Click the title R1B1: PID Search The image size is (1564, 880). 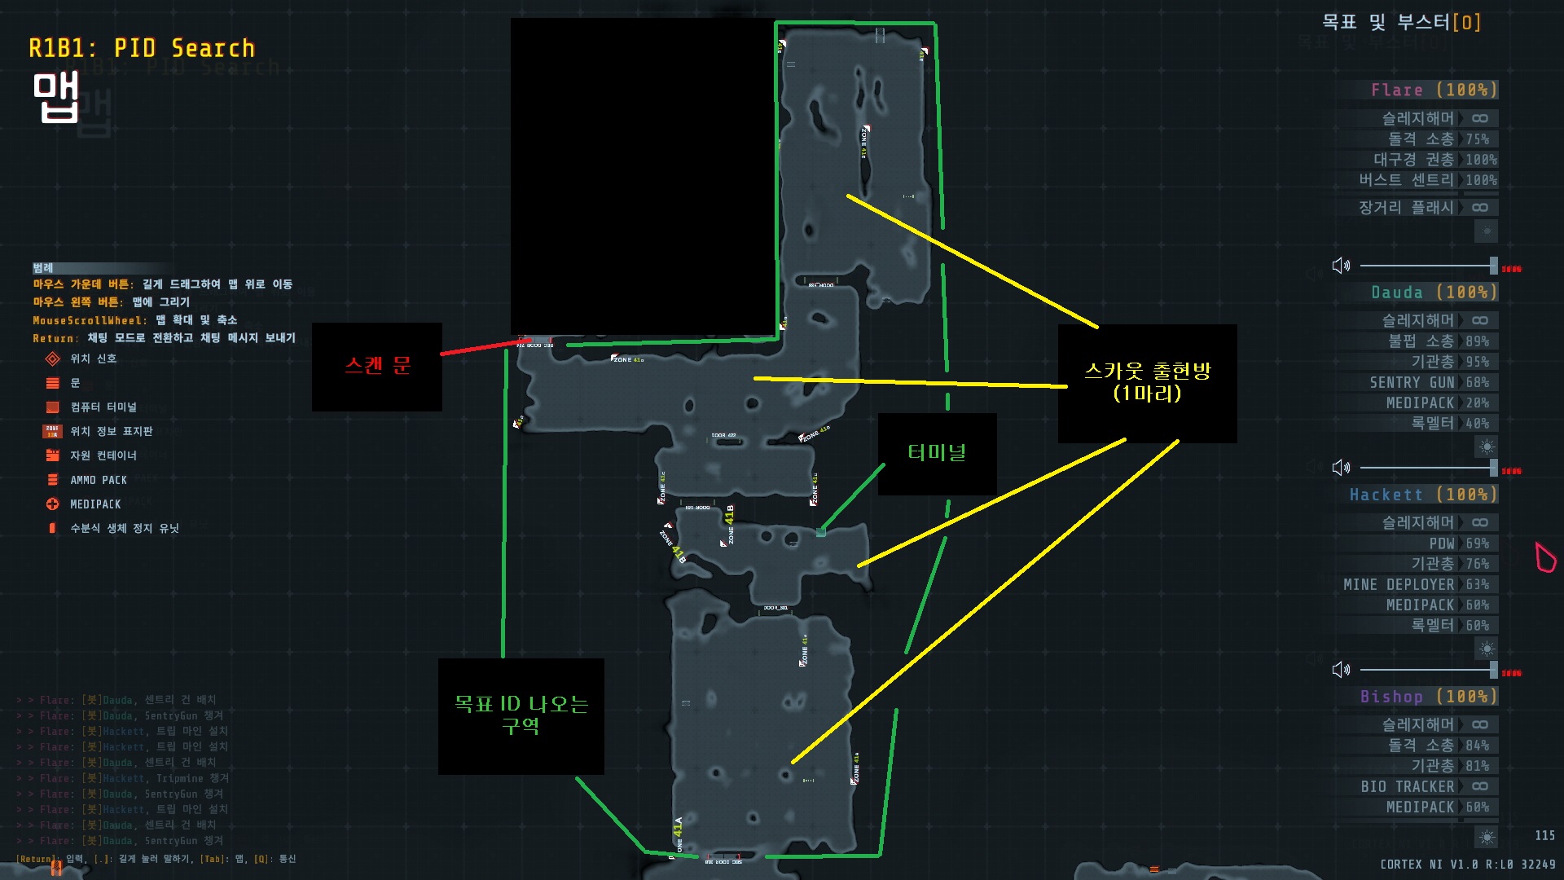point(142,49)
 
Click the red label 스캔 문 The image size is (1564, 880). point(377,366)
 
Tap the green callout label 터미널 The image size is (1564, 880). point(937,453)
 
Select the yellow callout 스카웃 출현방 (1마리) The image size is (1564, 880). point(1147,382)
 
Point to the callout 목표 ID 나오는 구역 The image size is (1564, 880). point(521,715)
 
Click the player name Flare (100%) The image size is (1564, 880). point(1433,90)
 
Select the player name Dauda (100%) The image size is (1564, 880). point(1433,292)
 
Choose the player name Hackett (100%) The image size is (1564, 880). point(1422,495)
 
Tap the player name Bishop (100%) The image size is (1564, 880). point(1428,697)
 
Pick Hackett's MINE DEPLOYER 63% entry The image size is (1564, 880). point(1415,584)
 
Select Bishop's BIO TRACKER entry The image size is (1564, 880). point(1407,786)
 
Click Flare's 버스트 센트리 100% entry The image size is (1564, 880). point(1426,180)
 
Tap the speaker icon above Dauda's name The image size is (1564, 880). point(1341,266)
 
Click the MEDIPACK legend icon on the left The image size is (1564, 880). point(53,504)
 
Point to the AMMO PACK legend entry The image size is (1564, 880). point(98,480)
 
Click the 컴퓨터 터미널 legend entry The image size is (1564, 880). point(103,407)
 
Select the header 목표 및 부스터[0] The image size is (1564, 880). point(1400,22)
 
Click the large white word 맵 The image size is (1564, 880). point(55,97)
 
